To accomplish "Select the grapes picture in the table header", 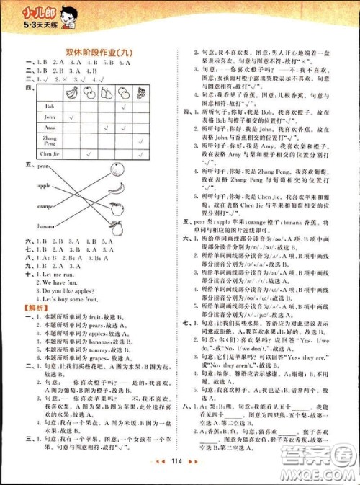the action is click(158, 92).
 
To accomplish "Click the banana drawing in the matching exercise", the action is click(115, 189).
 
